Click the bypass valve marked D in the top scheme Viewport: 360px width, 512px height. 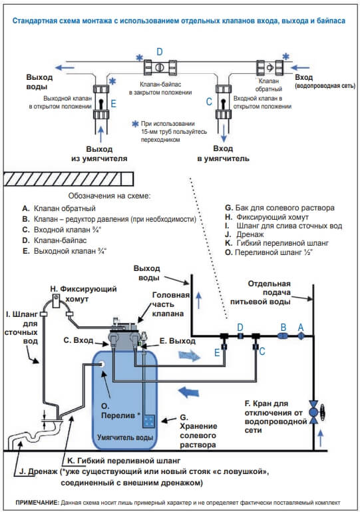click(x=160, y=68)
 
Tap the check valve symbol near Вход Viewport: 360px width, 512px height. click(x=270, y=68)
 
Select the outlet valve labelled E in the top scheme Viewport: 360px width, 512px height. click(x=101, y=103)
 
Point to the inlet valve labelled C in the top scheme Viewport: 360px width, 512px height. click(x=224, y=103)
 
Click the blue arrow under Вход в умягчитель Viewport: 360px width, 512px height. click(x=224, y=134)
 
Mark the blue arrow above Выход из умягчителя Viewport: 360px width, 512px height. click(x=101, y=134)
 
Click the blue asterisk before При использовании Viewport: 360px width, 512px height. click(x=135, y=124)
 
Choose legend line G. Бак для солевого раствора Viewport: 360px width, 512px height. click(x=279, y=208)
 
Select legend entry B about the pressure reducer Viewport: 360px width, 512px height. click(x=109, y=219)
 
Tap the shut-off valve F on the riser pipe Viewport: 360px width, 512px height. click(x=314, y=412)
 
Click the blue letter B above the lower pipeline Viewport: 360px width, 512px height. click(x=283, y=327)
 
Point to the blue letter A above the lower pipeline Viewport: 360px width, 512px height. click(x=301, y=327)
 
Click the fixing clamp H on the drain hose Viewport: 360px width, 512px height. click(x=56, y=300)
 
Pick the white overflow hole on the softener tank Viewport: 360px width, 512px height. click(x=102, y=364)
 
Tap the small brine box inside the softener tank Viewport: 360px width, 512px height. click(x=149, y=421)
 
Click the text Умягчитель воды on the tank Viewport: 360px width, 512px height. click(x=125, y=437)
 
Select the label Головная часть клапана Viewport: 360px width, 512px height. click(x=170, y=304)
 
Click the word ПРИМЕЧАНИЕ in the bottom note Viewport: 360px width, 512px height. click(x=37, y=503)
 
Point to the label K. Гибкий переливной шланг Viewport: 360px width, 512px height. click(x=124, y=461)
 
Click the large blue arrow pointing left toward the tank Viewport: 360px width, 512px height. click(x=188, y=391)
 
